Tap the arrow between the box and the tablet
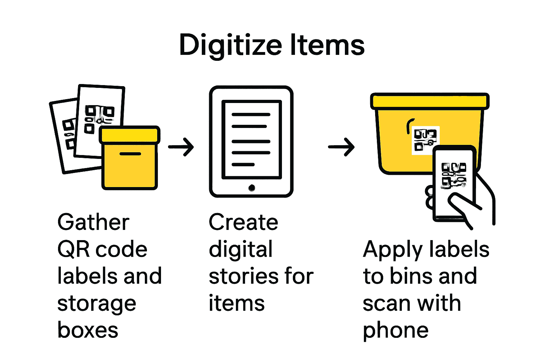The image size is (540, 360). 181,147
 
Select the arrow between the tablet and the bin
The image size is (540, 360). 341,147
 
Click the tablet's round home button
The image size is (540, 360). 251,188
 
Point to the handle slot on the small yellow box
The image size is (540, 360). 130,154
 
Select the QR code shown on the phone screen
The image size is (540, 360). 454,175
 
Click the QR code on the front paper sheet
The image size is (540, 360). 99,119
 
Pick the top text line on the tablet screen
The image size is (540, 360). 251,115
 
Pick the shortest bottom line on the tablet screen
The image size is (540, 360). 243,165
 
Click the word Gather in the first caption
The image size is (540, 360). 94,223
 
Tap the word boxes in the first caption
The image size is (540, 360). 88,330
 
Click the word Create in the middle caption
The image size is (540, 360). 243,223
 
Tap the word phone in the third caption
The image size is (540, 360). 396,330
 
